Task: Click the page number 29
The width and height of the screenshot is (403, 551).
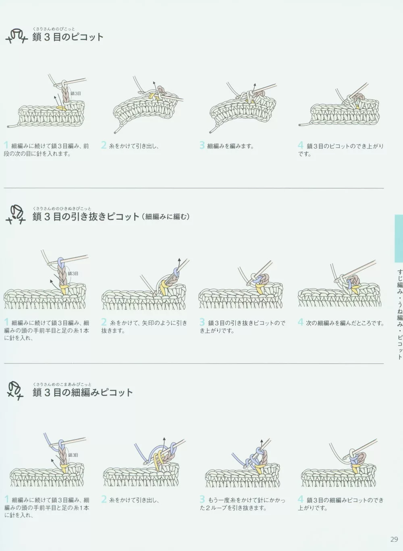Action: tap(394, 539)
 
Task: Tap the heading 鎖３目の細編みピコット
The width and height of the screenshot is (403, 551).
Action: tap(83, 392)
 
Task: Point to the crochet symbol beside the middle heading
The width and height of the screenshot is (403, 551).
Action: tap(15, 214)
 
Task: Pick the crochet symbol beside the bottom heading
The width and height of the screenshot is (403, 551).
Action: tap(15, 390)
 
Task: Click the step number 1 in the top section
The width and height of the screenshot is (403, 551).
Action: tap(6, 145)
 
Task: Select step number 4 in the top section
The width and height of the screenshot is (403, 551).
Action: tap(301, 145)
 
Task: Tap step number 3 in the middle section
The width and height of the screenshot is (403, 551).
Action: tap(202, 322)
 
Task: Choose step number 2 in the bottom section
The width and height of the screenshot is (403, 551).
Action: tap(104, 499)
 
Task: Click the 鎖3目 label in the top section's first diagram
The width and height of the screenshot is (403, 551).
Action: tap(76, 93)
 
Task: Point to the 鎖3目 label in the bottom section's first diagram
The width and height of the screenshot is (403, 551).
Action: tap(73, 455)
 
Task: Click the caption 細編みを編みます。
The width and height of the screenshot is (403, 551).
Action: tap(231, 146)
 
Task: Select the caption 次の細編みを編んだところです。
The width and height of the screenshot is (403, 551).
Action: tap(345, 323)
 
